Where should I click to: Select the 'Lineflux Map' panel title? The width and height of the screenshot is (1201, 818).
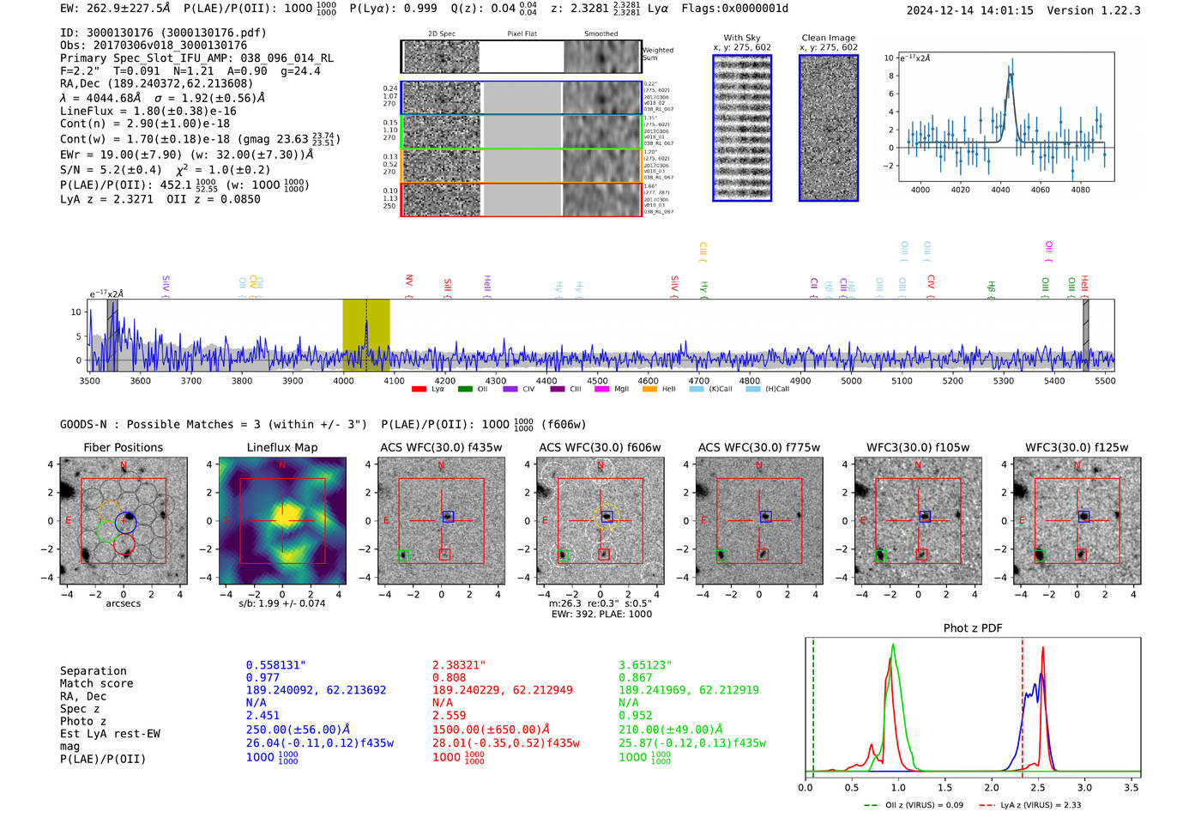tap(282, 447)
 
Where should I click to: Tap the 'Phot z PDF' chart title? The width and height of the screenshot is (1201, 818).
tap(973, 628)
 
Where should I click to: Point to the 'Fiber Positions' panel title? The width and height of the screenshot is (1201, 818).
tap(123, 447)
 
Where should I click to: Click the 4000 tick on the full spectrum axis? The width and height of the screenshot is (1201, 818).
tap(343, 381)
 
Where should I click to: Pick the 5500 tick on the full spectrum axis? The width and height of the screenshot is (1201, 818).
tap(1105, 381)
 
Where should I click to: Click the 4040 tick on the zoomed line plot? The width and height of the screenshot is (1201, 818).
tap(1000, 190)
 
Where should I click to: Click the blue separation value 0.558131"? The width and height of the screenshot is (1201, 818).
tap(275, 665)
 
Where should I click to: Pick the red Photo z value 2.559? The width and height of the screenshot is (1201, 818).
tap(449, 715)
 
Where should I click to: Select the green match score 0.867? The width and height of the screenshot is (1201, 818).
tap(636, 677)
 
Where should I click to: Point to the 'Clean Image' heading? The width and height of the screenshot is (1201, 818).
tap(828, 38)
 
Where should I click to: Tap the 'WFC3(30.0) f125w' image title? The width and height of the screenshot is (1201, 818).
tap(1077, 447)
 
